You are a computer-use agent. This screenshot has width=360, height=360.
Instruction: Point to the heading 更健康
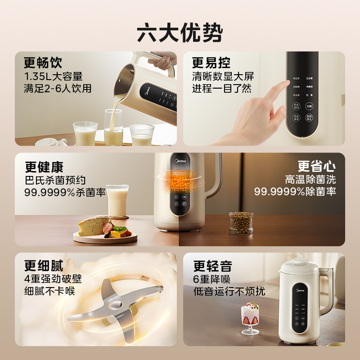[x=44, y=167]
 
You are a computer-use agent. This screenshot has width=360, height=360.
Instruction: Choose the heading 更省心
[x=316, y=167]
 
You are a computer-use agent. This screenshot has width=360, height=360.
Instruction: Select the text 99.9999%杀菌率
[x=65, y=192]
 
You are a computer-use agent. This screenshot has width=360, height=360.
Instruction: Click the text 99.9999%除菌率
[x=295, y=192]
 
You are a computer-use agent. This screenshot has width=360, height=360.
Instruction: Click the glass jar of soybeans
[x=241, y=223]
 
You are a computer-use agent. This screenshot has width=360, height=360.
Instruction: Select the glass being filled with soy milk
[x=113, y=128]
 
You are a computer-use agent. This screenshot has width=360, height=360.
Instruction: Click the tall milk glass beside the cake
[x=117, y=201]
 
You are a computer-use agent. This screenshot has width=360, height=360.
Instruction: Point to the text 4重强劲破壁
[x=53, y=279]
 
